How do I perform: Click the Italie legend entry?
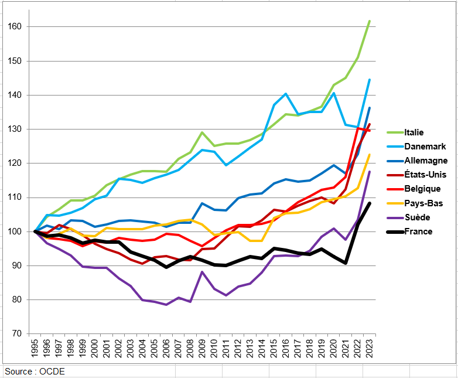tap(413, 132)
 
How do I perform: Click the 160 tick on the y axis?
tap(15, 27)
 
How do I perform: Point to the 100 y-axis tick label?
tap(15, 231)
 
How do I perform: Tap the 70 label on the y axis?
tap(18, 333)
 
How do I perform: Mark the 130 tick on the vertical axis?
tap(15, 129)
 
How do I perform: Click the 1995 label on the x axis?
tap(36, 351)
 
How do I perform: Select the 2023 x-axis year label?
tap(370, 351)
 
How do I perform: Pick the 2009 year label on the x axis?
tap(203, 351)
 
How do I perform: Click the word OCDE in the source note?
tap(53, 372)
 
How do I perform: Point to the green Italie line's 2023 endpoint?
tap(370, 21)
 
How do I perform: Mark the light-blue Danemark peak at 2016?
tap(286, 94)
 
